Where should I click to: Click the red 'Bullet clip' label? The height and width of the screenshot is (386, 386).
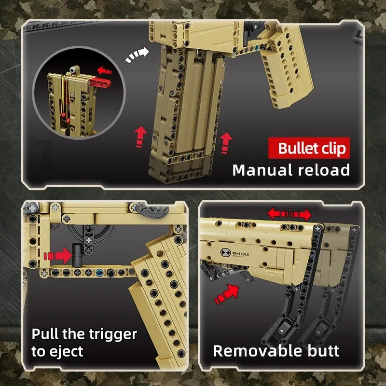click(309, 148)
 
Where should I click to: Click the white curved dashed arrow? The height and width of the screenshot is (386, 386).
click(137, 55)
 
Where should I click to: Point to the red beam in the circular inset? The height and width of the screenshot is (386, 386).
click(100, 83)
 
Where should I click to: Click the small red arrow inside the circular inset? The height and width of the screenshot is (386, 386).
click(104, 70)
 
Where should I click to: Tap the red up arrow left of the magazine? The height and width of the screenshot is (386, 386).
click(140, 137)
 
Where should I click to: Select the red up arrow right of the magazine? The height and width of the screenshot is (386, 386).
click(225, 143)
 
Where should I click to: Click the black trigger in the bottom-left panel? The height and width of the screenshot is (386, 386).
click(77, 255)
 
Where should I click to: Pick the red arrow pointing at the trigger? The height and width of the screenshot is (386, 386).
click(58, 256)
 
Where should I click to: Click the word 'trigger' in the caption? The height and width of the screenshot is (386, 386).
click(113, 335)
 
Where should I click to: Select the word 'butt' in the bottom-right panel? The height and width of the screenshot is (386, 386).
click(323, 351)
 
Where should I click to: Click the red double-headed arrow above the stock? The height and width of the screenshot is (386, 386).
click(289, 214)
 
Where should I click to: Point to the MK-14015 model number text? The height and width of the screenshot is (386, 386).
click(240, 254)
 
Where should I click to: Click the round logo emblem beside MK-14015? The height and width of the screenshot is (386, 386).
click(225, 252)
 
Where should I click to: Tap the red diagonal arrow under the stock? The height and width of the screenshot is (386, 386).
click(226, 294)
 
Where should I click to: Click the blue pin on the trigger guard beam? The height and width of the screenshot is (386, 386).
click(99, 273)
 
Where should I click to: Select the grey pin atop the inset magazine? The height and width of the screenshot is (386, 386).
click(73, 69)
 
